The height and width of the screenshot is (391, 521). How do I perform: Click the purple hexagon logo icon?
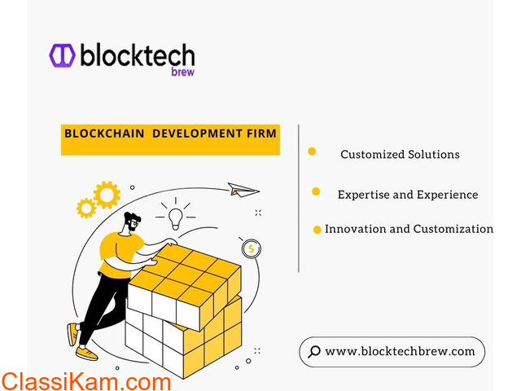click(x=62, y=55)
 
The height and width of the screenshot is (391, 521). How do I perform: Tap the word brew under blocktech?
click(x=182, y=72)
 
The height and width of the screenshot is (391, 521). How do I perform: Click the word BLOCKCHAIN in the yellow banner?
click(x=104, y=134)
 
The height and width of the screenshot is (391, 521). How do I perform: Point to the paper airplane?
click(x=243, y=190)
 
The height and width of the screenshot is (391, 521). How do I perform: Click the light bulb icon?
click(x=176, y=218)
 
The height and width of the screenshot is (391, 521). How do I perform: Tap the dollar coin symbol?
click(x=252, y=248)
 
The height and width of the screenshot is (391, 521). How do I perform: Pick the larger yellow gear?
click(x=107, y=195)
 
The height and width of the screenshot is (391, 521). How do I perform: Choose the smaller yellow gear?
click(x=86, y=209)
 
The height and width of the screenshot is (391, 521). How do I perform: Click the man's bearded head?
click(x=132, y=222)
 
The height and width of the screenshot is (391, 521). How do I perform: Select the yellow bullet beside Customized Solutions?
click(x=312, y=152)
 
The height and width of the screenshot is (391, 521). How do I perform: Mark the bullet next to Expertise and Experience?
click(x=316, y=191)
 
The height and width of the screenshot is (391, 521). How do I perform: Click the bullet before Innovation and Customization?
click(x=317, y=230)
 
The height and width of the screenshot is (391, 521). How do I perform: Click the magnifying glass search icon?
click(x=314, y=352)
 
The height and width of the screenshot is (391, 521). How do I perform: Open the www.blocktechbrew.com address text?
click(x=400, y=351)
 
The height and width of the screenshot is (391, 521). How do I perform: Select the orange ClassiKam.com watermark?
click(x=86, y=382)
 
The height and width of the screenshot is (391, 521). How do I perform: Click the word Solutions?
click(x=434, y=154)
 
